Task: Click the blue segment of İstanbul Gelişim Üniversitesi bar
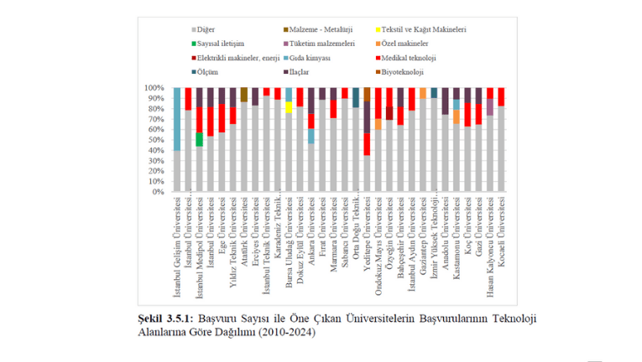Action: tap(177, 118)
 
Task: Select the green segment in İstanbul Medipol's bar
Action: tap(199, 139)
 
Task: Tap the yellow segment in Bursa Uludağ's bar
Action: tap(289, 107)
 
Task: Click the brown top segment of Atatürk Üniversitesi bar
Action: tap(244, 95)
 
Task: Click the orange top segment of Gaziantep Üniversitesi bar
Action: tap(422, 92)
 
